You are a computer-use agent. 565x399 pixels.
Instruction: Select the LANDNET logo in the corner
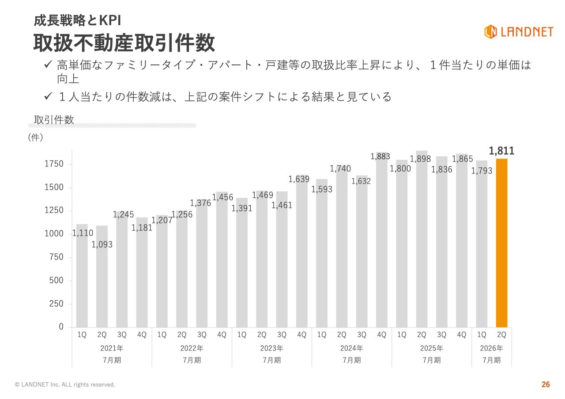tap(518, 31)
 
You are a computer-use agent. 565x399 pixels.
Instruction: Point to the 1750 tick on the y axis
tap(54, 164)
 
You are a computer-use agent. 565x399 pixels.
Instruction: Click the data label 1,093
tap(102, 244)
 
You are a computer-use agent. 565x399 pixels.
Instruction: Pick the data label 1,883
tap(380, 156)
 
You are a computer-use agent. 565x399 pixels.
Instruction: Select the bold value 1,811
tap(502, 151)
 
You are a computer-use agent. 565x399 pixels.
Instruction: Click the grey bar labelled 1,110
tap(82, 282)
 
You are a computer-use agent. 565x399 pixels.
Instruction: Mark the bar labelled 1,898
tap(422, 247)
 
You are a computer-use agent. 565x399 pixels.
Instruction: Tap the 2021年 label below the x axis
tap(112, 348)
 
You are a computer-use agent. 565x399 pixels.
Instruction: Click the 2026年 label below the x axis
tap(491, 348)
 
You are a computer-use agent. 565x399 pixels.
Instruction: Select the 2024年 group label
tap(351, 348)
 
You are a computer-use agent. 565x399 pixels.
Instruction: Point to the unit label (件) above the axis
tap(35, 137)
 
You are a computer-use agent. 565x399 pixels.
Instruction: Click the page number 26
tap(546, 384)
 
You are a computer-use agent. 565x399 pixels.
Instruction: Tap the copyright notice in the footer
tap(65, 384)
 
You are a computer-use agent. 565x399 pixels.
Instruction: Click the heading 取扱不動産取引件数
tap(124, 43)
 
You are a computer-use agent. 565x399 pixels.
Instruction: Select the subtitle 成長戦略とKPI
tap(77, 20)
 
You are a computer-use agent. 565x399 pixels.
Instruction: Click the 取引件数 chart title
tap(54, 120)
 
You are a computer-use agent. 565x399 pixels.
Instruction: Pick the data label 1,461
tap(282, 205)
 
